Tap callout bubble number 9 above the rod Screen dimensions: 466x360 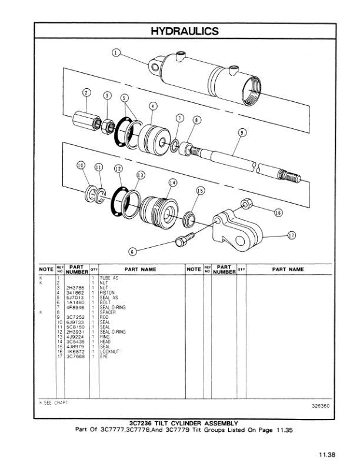pyautogui.click(x=241, y=133)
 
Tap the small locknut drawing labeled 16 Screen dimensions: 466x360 pyautogui.click(x=246, y=205)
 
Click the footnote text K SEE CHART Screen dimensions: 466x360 pyautogui.click(x=54, y=402)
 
